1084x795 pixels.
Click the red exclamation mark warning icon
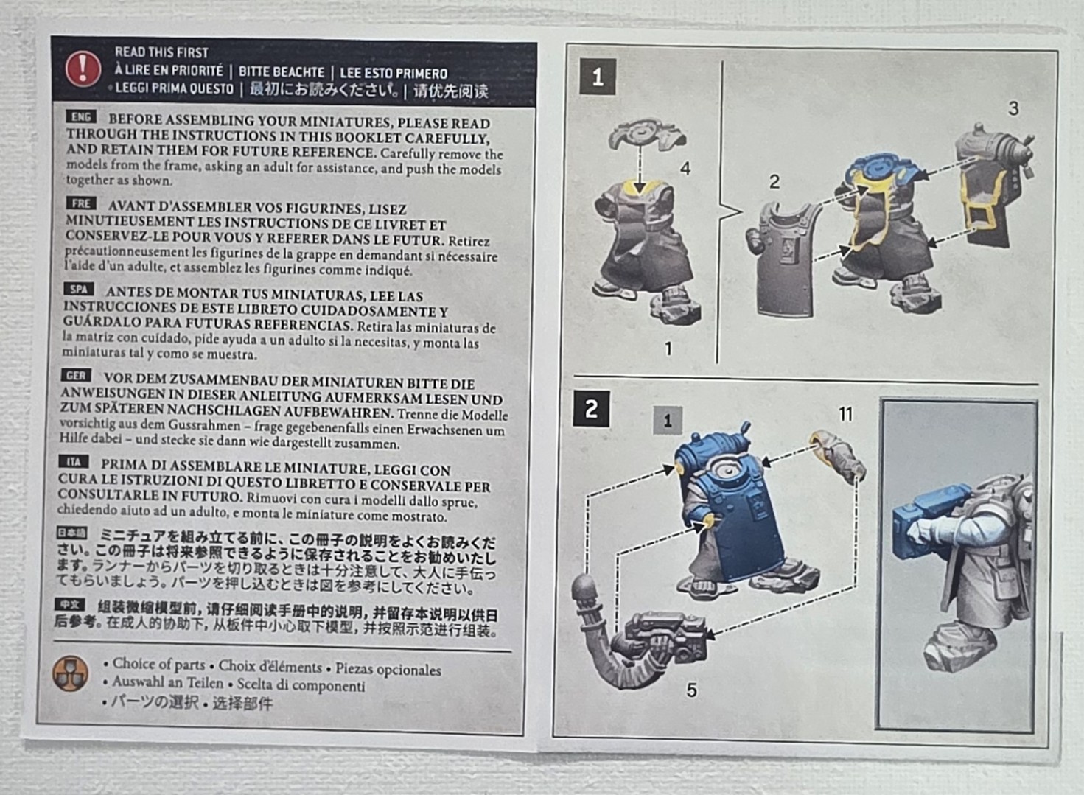[83, 69]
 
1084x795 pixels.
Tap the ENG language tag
[81, 116]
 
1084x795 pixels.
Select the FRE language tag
[81, 203]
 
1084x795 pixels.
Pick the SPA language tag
[78, 290]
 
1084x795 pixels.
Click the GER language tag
[77, 376]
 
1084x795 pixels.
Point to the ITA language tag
[74, 462]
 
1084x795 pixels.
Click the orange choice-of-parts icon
[71, 673]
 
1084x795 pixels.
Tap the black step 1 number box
[598, 77]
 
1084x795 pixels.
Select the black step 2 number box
[591, 410]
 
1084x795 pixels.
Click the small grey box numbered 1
[668, 421]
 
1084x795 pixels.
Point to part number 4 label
[685, 169]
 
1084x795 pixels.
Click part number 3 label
[1013, 108]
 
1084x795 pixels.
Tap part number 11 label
[845, 414]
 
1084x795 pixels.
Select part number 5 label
[692, 690]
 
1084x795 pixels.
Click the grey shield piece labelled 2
[784, 259]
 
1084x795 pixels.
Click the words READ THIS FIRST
[161, 52]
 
